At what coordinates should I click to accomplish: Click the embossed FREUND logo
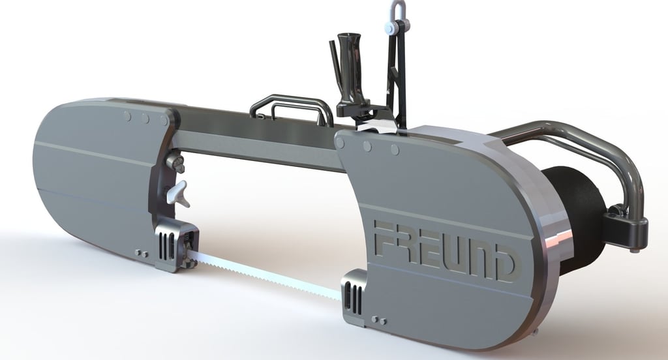[x=444, y=250]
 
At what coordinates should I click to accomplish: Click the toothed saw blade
[x=264, y=275]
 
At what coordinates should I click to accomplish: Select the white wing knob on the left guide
[x=179, y=192]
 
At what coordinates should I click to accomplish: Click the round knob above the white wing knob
[x=175, y=162]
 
